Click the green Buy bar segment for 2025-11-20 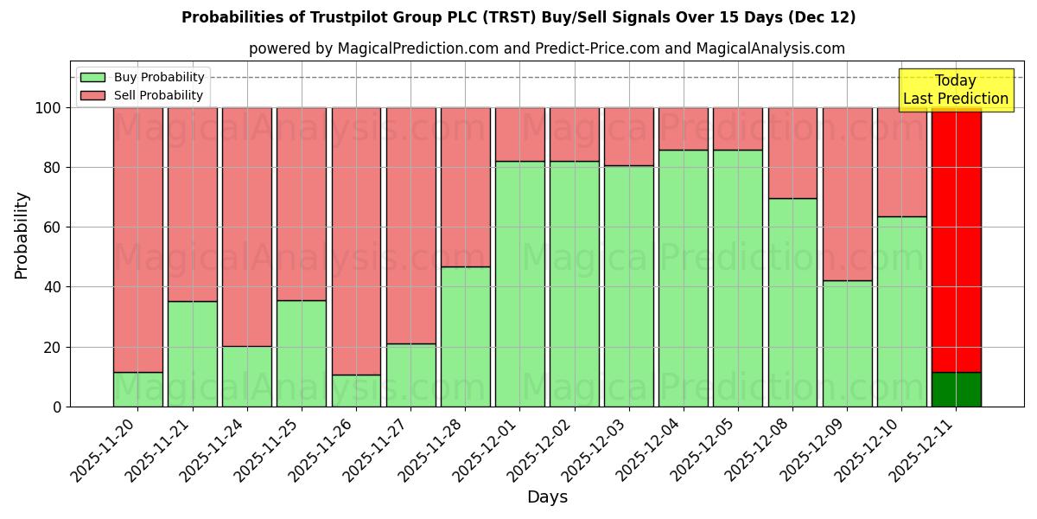point(137,389)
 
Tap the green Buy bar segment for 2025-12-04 point(683,278)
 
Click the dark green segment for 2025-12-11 point(956,389)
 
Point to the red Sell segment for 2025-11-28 point(465,187)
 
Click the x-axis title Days point(547,497)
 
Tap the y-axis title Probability point(22,235)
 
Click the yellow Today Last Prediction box point(955,90)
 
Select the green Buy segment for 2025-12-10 point(901,311)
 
